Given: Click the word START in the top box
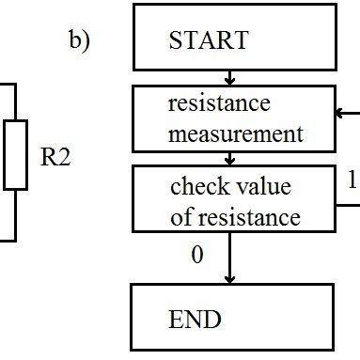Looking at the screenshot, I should pyautogui.click(x=208, y=40).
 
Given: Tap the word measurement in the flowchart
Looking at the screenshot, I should pyautogui.click(x=236, y=133).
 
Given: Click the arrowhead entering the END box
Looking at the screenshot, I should pyautogui.click(x=227, y=278).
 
